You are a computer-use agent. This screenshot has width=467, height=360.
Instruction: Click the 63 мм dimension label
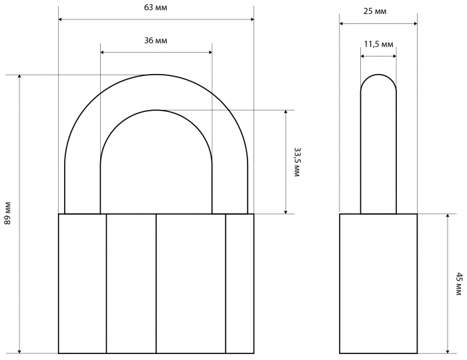[155, 8]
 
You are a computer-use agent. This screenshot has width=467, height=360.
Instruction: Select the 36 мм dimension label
[155, 41]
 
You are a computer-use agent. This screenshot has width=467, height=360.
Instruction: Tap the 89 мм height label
[7, 213]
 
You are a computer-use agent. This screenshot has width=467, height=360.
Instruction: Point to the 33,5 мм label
[296, 162]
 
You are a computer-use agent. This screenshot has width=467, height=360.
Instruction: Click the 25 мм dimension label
[375, 11]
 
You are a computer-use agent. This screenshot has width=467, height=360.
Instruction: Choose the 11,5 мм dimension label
[378, 44]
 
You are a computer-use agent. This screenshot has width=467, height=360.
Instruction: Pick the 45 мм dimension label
[460, 283]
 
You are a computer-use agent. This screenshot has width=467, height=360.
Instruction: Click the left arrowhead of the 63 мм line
[60, 19]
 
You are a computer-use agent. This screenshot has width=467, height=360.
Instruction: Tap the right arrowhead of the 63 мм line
[252, 19]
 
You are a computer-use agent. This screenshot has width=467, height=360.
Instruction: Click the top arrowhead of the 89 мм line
[19, 77]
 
